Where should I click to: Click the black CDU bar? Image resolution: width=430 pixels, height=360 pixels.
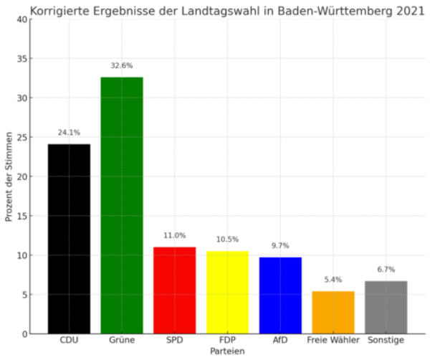pyautogui.click(x=69, y=239)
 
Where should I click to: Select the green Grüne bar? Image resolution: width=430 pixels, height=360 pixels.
pyautogui.click(x=122, y=205)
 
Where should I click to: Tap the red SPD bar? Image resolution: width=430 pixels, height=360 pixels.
pyautogui.click(x=174, y=290)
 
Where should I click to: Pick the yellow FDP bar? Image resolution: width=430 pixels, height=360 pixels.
pyautogui.click(x=227, y=293)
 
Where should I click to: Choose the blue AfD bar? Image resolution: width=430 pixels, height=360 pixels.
pyautogui.click(x=280, y=295)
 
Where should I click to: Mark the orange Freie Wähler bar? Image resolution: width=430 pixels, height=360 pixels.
pyautogui.click(x=333, y=313)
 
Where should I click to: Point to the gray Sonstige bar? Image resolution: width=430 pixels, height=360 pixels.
pyautogui.click(x=386, y=307)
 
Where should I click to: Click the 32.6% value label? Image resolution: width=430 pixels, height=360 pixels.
pyautogui.click(x=122, y=66)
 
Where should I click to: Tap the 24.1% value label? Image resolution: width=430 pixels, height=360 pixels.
pyautogui.click(x=69, y=133)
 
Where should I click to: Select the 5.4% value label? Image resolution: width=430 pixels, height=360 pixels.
pyautogui.click(x=333, y=280)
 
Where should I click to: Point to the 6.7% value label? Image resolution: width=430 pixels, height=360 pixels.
pyautogui.click(x=386, y=270)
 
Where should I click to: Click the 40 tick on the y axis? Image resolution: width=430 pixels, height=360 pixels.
pyautogui.click(x=22, y=19)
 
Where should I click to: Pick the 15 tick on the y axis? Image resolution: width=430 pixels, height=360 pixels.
pyautogui.click(x=22, y=216)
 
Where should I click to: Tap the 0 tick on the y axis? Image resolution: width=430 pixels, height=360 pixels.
pyautogui.click(x=25, y=334)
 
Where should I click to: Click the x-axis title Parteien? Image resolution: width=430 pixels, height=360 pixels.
pyautogui.click(x=227, y=352)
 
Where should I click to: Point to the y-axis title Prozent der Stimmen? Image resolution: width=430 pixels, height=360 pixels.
pyautogui.click(x=9, y=176)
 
